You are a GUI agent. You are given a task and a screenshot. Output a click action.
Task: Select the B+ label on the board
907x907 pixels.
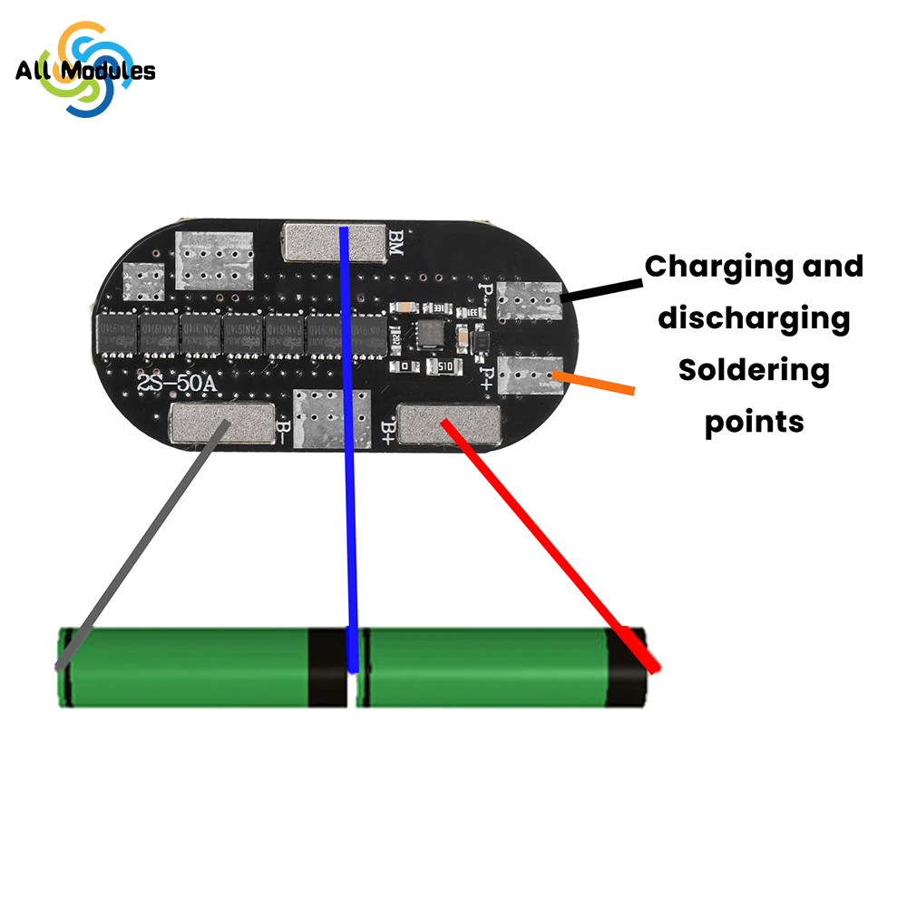(x=387, y=424)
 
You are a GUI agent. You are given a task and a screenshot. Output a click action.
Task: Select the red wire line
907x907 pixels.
(x=553, y=544)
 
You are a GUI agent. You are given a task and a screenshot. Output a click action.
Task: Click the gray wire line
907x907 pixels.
(x=136, y=553)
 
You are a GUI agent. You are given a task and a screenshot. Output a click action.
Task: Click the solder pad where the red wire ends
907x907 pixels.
(x=449, y=423)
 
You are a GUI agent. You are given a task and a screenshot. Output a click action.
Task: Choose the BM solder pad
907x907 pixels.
(x=332, y=241)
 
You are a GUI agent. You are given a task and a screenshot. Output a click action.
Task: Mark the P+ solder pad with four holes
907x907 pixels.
(x=531, y=374)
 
